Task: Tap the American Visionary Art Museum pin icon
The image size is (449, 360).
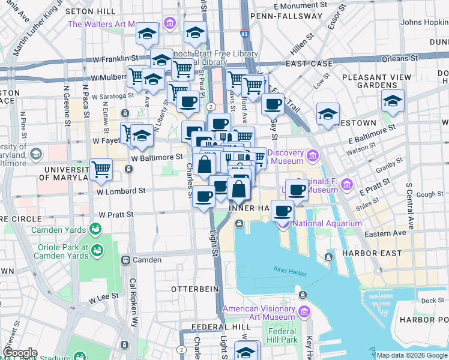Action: (304, 311)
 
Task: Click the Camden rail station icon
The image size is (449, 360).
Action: (126, 260)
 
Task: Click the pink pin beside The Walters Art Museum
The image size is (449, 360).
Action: (169, 24)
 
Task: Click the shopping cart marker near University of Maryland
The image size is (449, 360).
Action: (101, 169)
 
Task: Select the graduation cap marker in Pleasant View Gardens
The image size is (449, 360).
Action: (393, 100)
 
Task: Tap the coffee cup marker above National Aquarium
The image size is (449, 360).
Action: (282, 211)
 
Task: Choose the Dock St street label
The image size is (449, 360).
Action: (432, 301)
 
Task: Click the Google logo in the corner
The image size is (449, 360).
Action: (20, 353)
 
